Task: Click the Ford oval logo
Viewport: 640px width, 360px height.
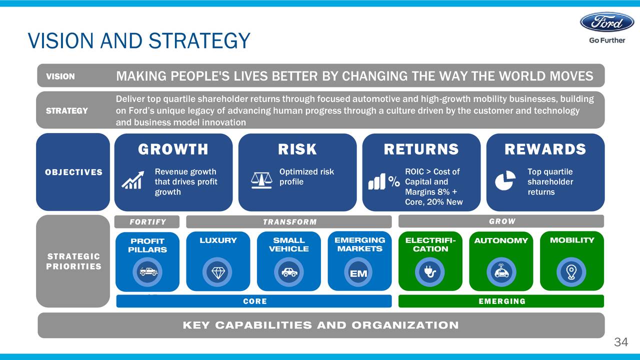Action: (607, 22)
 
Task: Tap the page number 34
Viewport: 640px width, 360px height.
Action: (621, 342)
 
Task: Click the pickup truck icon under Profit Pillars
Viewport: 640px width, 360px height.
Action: (148, 271)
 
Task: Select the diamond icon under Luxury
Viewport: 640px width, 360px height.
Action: (218, 272)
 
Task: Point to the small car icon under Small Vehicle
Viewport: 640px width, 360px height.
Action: (289, 272)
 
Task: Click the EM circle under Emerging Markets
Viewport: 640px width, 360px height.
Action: (358, 272)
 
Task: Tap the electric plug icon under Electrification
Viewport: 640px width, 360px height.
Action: (429, 271)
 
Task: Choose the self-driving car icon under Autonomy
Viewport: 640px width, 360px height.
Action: (501, 271)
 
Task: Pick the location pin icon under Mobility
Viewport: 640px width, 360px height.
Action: (571, 272)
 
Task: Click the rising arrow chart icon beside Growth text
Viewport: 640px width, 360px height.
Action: (133, 180)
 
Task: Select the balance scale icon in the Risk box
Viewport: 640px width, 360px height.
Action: (261, 180)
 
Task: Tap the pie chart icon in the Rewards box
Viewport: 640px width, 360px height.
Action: (505, 180)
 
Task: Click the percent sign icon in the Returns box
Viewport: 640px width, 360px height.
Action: (394, 181)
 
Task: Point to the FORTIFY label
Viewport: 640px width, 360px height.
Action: (147, 222)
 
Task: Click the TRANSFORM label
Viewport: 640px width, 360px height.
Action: (289, 222)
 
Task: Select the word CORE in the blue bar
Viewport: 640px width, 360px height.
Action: (255, 301)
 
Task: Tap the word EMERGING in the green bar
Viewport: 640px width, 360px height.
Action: (502, 301)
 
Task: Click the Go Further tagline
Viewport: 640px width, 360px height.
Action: (607, 40)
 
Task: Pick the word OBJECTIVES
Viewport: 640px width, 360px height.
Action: (73, 172)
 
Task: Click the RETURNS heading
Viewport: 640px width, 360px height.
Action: (421, 149)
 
